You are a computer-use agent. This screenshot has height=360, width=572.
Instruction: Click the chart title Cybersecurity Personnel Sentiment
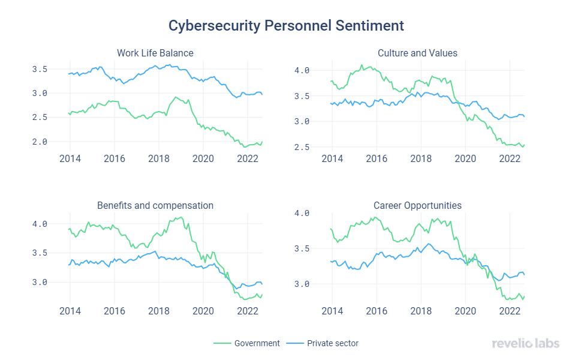pos(286,26)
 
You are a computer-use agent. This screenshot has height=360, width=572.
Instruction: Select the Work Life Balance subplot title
pos(155,53)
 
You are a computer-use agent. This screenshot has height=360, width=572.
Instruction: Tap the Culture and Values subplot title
pos(417,53)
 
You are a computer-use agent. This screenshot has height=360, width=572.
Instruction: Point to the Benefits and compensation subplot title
pos(155,205)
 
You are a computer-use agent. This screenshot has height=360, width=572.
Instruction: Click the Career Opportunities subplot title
pos(417,205)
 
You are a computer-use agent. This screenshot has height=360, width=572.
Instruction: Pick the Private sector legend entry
pos(332,343)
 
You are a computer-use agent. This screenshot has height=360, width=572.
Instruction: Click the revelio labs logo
pos(525,343)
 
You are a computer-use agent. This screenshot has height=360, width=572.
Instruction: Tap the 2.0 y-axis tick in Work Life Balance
pos(40,142)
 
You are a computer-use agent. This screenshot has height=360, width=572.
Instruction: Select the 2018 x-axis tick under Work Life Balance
pos(158,159)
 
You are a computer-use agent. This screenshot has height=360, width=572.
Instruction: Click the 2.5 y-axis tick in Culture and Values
pos(302,147)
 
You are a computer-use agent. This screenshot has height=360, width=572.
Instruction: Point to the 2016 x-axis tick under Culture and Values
pos(376,159)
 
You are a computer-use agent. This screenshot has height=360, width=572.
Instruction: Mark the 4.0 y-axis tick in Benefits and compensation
pos(40,224)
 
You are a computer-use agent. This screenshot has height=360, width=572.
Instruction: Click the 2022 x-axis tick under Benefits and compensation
pos(247,311)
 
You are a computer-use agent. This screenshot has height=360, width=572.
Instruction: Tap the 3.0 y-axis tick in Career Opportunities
pos(302,284)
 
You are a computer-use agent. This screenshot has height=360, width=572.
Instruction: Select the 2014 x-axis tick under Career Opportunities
pos(332,311)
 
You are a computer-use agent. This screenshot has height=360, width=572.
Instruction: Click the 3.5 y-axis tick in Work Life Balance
pos(40,69)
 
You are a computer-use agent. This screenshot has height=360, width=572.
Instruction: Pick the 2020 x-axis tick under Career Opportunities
pos(465,311)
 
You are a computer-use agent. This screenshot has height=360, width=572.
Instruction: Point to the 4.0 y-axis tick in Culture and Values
pos(302,70)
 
